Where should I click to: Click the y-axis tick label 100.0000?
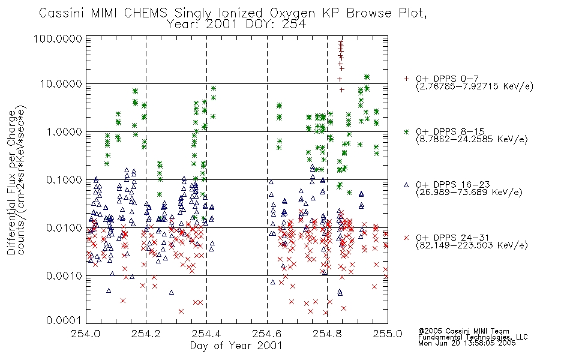[58, 38]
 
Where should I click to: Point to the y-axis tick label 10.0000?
[61, 84]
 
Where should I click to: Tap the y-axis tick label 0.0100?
[64, 228]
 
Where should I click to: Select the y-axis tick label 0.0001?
[64, 320]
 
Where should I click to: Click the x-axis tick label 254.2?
[146, 334]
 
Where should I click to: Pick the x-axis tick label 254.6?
[267, 334]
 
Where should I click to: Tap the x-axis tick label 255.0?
[388, 334]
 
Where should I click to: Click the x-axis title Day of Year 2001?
[236, 346]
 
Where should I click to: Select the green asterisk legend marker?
[406, 131]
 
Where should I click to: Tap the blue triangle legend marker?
[406, 185]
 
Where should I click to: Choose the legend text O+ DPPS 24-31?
[452, 238]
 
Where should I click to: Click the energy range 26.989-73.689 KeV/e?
[469, 192]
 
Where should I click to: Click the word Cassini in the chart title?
[62, 13]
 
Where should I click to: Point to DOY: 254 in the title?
[276, 25]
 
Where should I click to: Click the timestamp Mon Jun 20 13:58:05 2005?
[467, 343]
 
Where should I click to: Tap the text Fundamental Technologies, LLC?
[473, 337]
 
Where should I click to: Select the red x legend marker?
[406, 238]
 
